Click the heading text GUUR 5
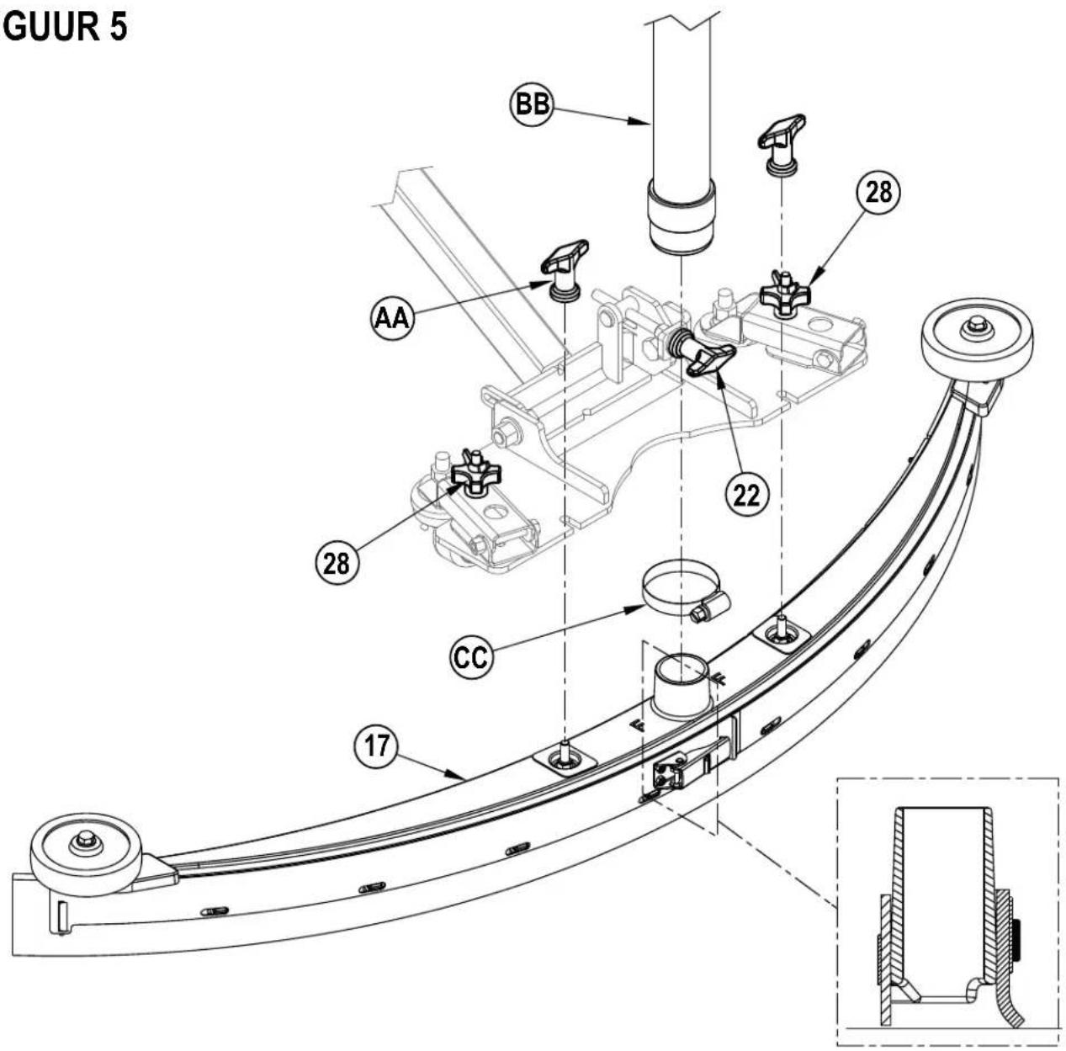coord(66,27)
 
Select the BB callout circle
coord(532,104)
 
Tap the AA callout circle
coord(392,318)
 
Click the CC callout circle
coord(471,656)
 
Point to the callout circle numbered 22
coord(747,494)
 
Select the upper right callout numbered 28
coord(878,193)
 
